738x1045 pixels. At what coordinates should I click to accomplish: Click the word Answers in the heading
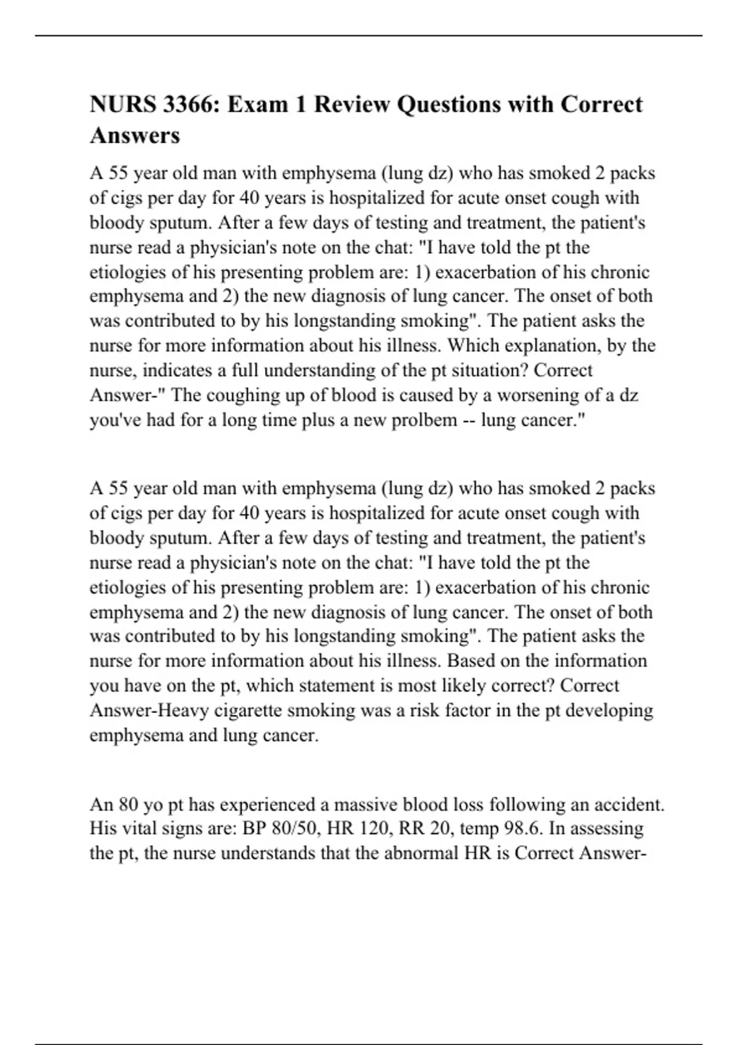tap(135, 135)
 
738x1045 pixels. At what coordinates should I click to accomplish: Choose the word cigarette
tap(244, 711)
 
